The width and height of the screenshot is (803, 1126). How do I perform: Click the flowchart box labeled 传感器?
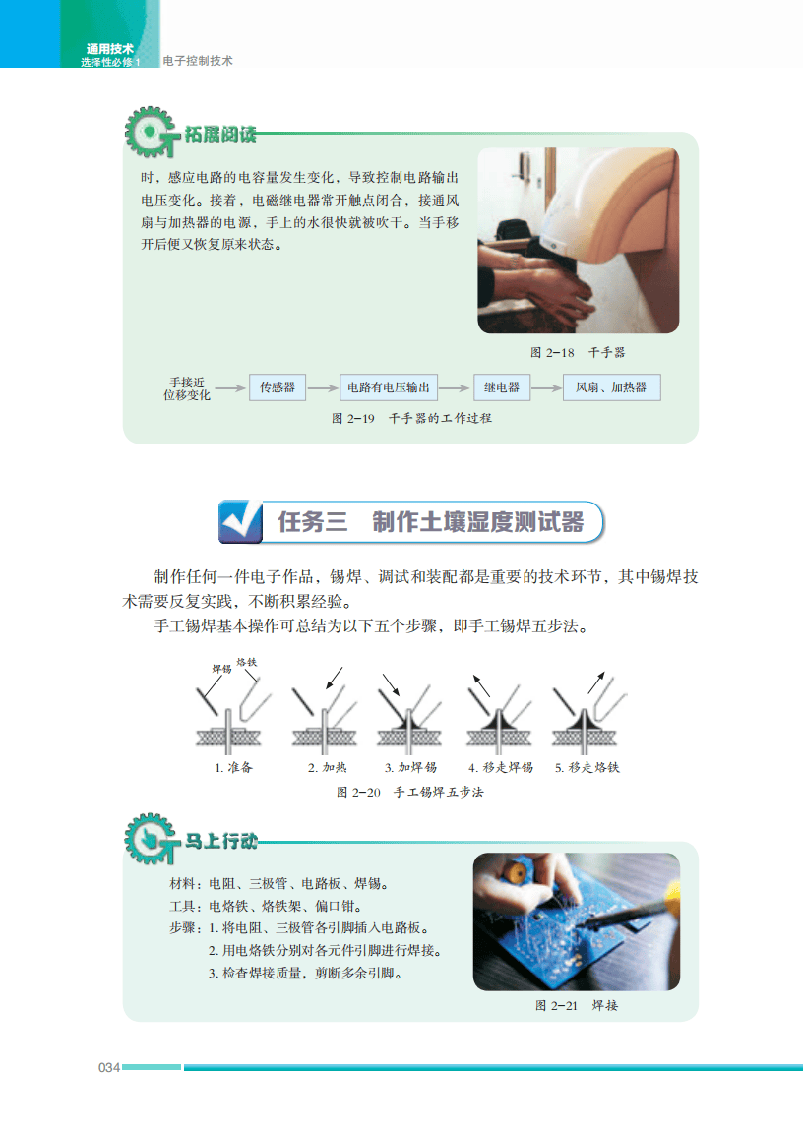click(x=278, y=387)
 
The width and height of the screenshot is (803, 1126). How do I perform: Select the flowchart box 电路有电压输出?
click(x=389, y=387)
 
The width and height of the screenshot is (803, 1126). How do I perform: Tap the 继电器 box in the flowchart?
click(x=501, y=387)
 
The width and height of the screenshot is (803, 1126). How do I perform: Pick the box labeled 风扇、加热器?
click(x=611, y=387)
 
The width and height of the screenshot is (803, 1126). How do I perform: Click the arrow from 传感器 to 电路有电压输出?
click(x=322, y=388)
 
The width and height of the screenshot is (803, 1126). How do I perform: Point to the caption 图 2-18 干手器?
click(x=578, y=351)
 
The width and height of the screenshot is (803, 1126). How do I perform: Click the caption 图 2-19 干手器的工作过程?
click(x=411, y=418)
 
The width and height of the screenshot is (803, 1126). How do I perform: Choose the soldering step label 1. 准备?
click(x=233, y=767)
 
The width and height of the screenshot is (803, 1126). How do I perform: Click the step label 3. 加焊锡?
click(x=410, y=767)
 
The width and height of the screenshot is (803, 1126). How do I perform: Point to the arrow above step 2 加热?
click(x=335, y=678)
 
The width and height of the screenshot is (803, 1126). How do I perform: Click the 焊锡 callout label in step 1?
click(x=221, y=669)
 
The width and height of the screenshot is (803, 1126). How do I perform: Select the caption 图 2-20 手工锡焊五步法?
click(x=410, y=792)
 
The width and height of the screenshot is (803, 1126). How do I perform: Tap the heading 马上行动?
click(x=221, y=842)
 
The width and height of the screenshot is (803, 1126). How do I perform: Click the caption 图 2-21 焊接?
click(x=577, y=1005)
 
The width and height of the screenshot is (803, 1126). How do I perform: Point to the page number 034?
click(x=108, y=1068)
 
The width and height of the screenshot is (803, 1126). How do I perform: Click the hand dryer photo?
click(x=578, y=241)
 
